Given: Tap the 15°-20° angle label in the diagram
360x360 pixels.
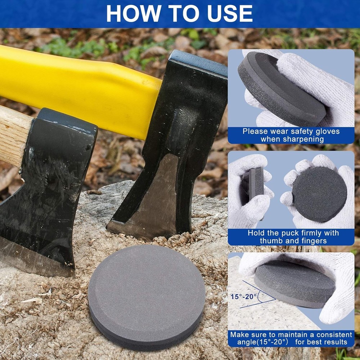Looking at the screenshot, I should point(244,297).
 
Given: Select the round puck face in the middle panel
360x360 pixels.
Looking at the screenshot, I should point(319,194).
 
